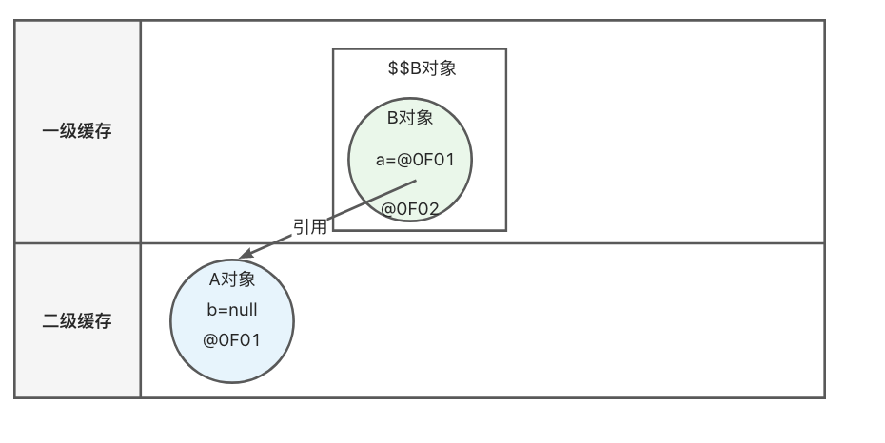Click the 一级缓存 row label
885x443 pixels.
(x=77, y=131)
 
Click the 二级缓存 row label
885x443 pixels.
(x=77, y=321)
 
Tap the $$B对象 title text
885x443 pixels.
(x=423, y=68)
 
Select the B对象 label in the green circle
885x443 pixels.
(x=410, y=118)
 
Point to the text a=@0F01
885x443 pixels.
(x=415, y=160)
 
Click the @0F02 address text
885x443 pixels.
(x=410, y=209)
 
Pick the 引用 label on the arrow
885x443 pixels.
(x=310, y=226)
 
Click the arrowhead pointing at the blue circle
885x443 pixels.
(x=246, y=254)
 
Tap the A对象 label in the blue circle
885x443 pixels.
(x=232, y=279)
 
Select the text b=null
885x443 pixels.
(x=232, y=310)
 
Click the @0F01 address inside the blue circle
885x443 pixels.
(x=231, y=340)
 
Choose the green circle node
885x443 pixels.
(x=410, y=160)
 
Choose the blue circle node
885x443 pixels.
(x=232, y=321)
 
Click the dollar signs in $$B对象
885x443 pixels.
(x=399, y=68)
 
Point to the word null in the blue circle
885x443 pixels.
(x=245, y=310)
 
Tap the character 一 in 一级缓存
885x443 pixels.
(x=50, y=131)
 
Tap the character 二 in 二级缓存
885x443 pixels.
(x=50, y=321)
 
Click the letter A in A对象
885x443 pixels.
(x=214, y=279)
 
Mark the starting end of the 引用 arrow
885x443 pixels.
(x=416, y=181)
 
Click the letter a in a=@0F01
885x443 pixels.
(x=381, y=161)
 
